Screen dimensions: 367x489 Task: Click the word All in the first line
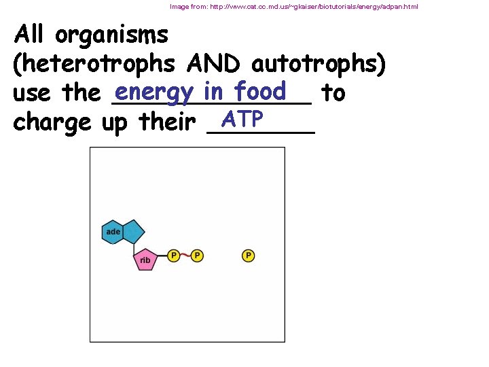coord(35,34)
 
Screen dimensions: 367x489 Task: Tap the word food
coord(259,90)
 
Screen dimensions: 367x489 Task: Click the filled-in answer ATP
coord(242,119)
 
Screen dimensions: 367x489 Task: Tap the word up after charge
coord(115,124)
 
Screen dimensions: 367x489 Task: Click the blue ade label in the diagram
coord(113,232)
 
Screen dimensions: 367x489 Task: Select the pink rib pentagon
coord(145,259)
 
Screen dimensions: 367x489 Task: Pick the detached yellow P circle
coord(248,256)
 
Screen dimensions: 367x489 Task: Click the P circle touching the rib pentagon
coord(174,256)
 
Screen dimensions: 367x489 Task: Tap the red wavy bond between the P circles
coord(185,256)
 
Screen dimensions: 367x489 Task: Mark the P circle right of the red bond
coord(196,256)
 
